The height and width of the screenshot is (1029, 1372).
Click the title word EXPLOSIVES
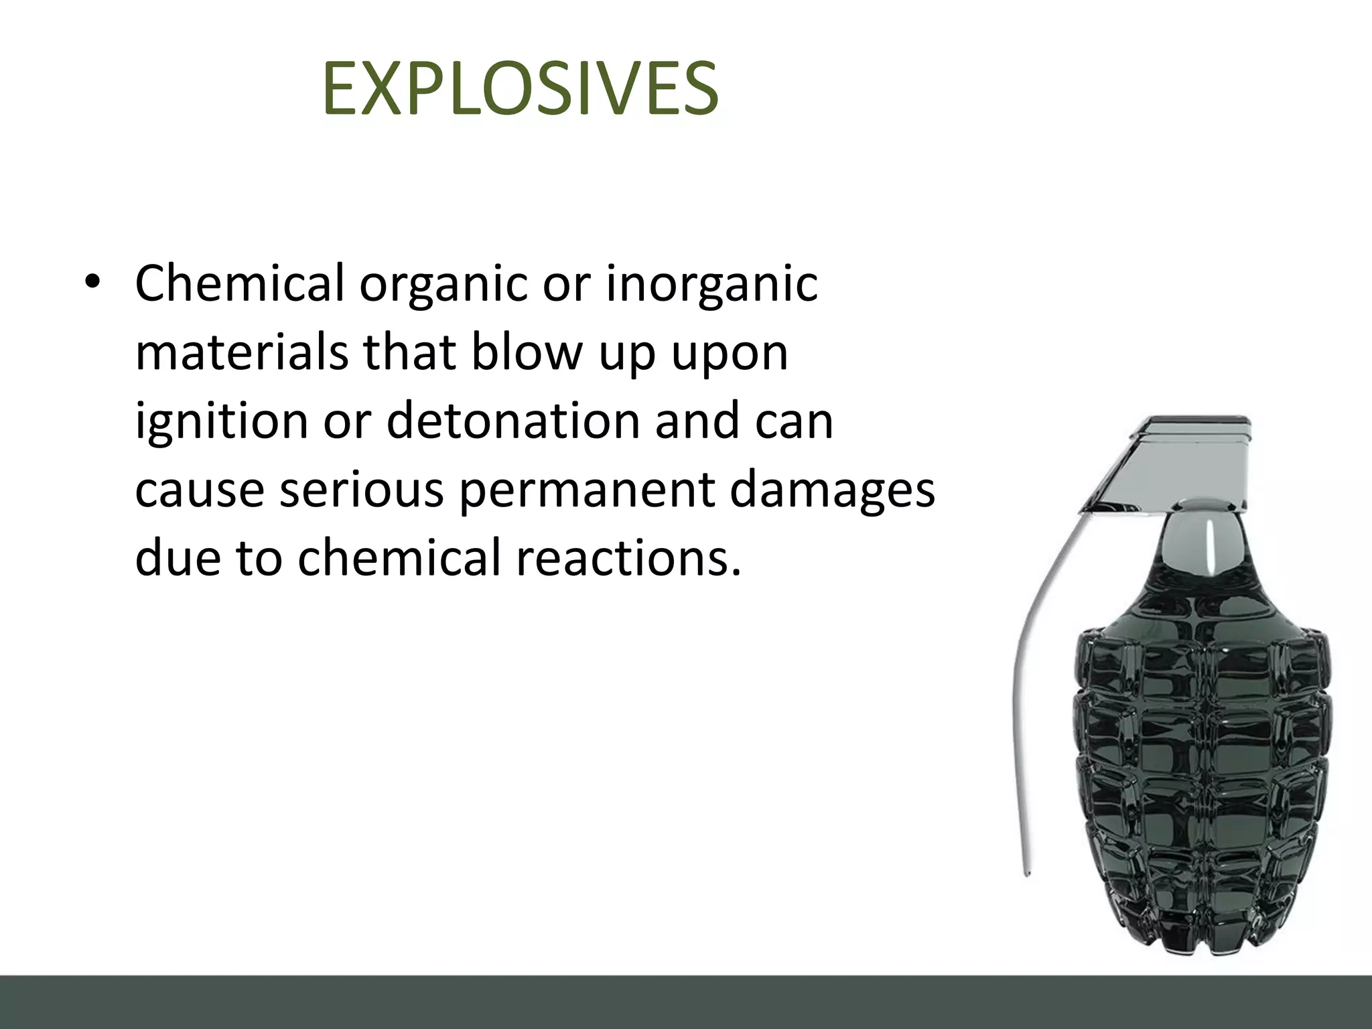point(520,89)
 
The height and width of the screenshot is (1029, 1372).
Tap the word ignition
point(222,422)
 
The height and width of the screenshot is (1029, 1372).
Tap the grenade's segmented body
point(1203,770)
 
